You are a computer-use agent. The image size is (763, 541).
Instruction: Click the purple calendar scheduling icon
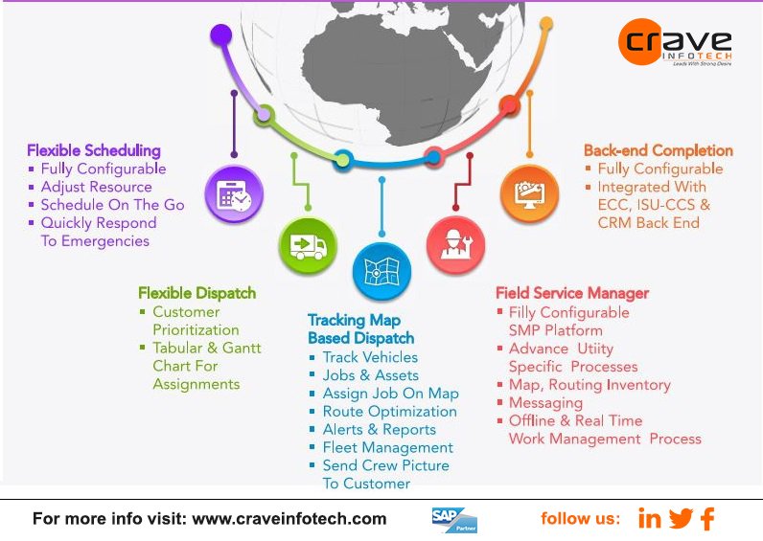(233, 195)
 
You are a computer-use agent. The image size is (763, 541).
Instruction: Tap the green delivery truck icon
(307, 246)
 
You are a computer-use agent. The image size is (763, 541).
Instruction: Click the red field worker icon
(455, 244)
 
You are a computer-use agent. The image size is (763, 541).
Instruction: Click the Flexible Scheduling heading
(94, 150)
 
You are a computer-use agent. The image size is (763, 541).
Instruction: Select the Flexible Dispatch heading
(197, 293)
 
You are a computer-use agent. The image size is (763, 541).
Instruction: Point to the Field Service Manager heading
(572, 293)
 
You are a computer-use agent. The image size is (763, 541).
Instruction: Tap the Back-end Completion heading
(659, 150)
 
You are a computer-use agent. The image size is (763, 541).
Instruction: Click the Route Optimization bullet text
(389, 412)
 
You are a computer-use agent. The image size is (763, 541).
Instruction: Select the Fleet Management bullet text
(387, 447)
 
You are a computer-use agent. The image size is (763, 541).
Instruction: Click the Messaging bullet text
(545, 402)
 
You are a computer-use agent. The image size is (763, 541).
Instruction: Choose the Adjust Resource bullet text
(96, 187)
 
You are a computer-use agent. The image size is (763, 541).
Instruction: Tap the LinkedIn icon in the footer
(650, 519)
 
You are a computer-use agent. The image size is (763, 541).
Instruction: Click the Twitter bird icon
(681, 519)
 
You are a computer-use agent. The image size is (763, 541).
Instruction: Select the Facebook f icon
(707, 519)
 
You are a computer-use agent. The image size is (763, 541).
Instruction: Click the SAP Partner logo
(453, 519)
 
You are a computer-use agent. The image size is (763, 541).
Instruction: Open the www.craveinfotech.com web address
(289, 519)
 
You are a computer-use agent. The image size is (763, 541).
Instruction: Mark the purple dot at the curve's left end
(221, 36)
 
